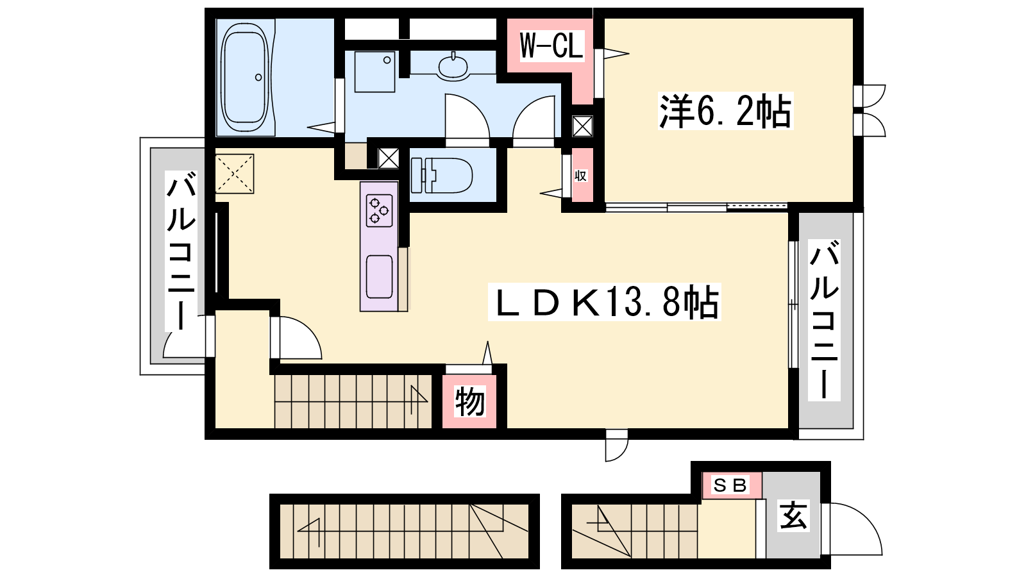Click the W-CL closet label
click(551, 46)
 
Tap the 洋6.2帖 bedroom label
click(725, 111)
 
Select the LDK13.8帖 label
click(605, 302)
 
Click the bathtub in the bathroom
click(244, 77)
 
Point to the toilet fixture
click(442, 176)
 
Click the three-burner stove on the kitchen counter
click(379, 211)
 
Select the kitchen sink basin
click(379, 276)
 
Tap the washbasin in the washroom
click(453, 67)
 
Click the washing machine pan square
click(374, 72)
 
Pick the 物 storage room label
click(469, 401)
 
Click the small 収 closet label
click(581, 176)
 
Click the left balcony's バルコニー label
click(181, 251)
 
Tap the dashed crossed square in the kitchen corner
click(235, 174)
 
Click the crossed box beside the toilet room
click(389, 158)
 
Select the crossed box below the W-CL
click(583, 126)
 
